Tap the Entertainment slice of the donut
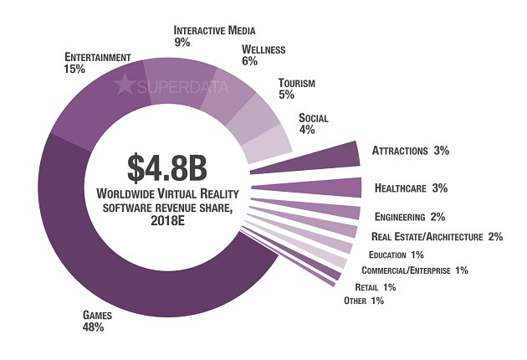coord(92,105)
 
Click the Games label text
coord(92,316)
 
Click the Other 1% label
coord(364,301)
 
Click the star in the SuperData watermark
coord(125,85)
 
